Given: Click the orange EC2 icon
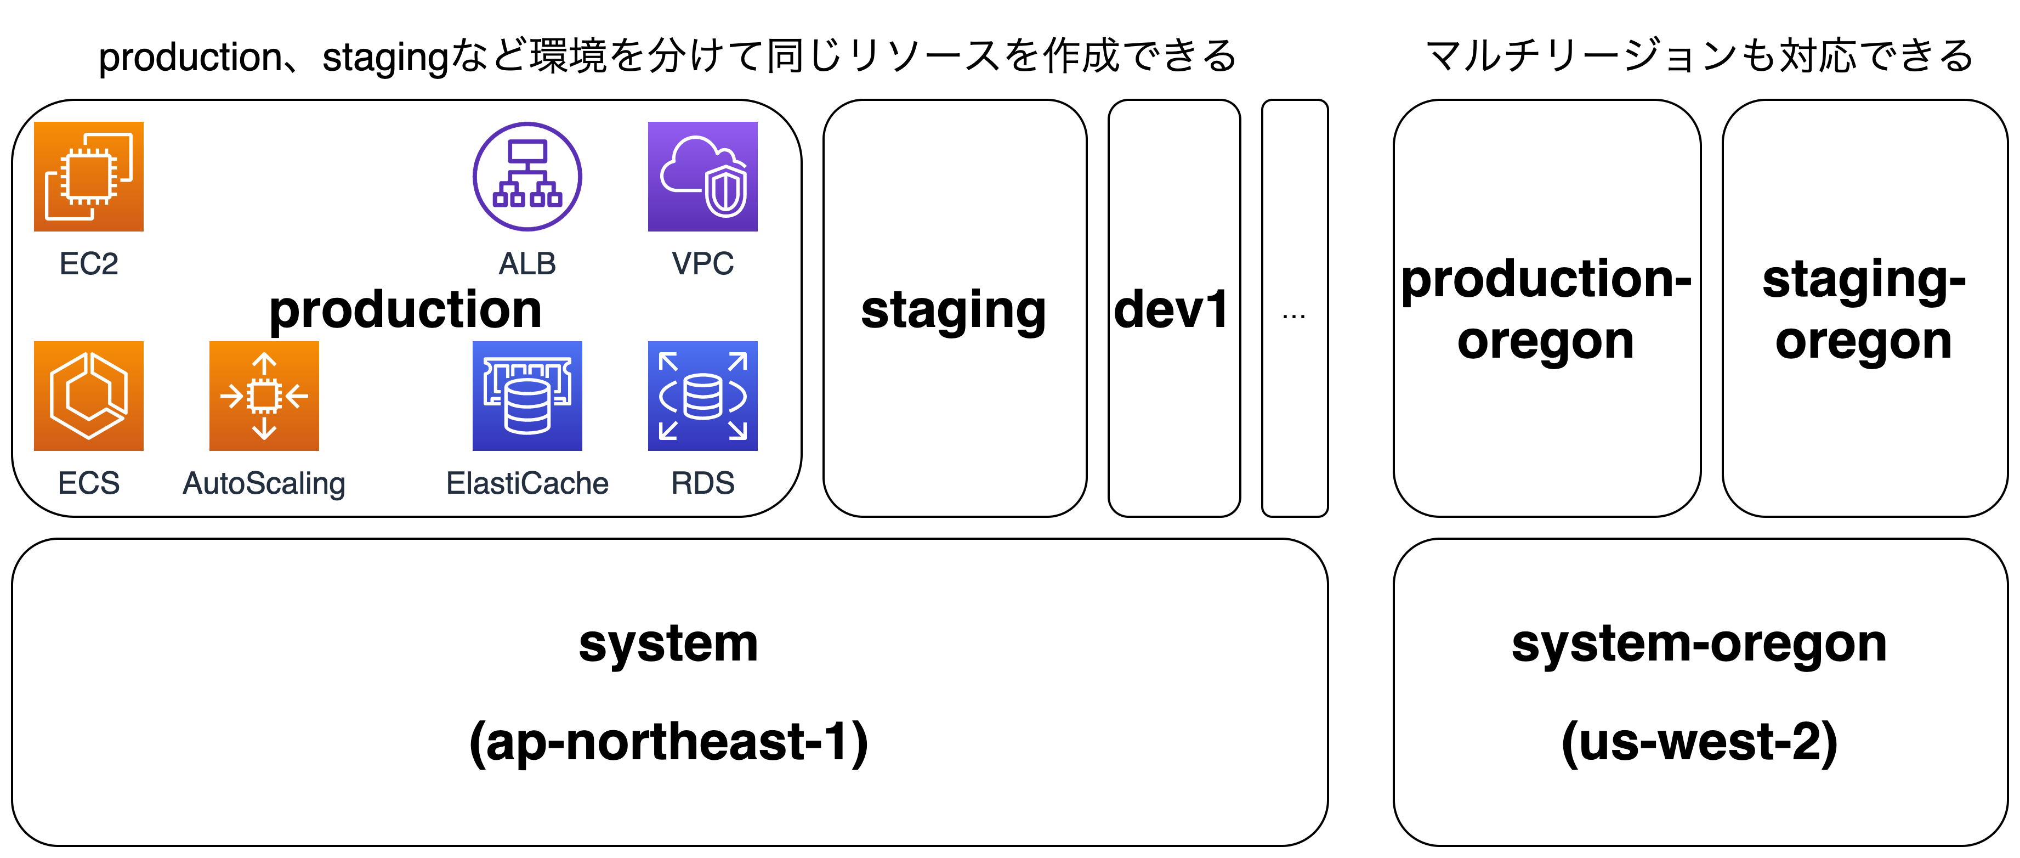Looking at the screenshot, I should [x=89, y=177].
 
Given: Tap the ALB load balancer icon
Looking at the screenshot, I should [x=527, y=177].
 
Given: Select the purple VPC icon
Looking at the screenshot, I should [x=702, y=177].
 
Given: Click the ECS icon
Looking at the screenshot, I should [x=89, y=396].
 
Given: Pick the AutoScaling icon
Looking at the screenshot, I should [x=264, y=396].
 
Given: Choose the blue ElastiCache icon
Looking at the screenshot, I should [x=527, y=396].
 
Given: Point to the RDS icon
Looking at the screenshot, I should [x=702, y=396].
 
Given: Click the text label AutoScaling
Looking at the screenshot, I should [x=264, y=483].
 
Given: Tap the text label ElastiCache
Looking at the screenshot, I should [x=527, y=483].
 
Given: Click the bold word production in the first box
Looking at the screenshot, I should [x=405, y=310].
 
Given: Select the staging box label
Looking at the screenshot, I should [x=954, y=311].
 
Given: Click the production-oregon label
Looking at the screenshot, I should [x=1546, y=310].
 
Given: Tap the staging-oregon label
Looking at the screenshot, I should [x=1864, y=310].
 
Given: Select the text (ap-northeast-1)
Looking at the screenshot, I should [x=669, y=742].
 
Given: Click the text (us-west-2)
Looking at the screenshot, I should [x=1699, y=742].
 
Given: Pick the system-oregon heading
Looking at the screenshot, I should [x=1699, y=644].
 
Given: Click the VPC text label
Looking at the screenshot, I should [x=702, y=263].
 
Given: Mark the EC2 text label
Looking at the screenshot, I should [x=89, y=263].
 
